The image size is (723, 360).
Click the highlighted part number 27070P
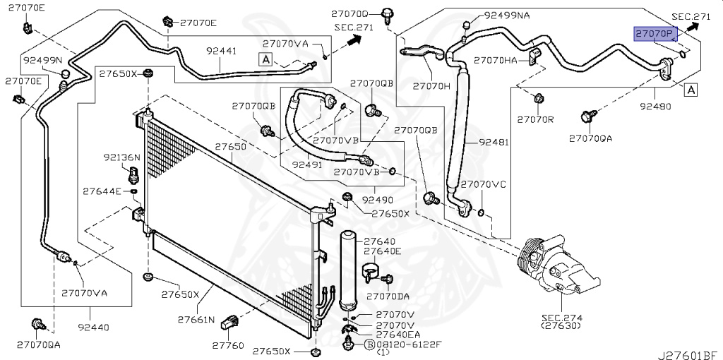pyautogui.click(x=656, y=34)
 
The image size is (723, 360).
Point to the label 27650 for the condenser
pyautogui.click(x=231, y=147)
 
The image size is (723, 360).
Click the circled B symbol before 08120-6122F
pyautogui.click(x=369, y=343)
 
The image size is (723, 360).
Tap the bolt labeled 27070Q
pyautogui.click(x=386, y=16)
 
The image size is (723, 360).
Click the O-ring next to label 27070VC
pyautogui.click(x=480, y=213)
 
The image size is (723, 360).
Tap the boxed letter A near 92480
pyautogui.click(x=691, y=90)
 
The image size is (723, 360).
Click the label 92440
pyautogui.click(x=93, y=328)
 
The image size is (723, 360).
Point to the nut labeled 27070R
pyautogui.click(x=537, y=98)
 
